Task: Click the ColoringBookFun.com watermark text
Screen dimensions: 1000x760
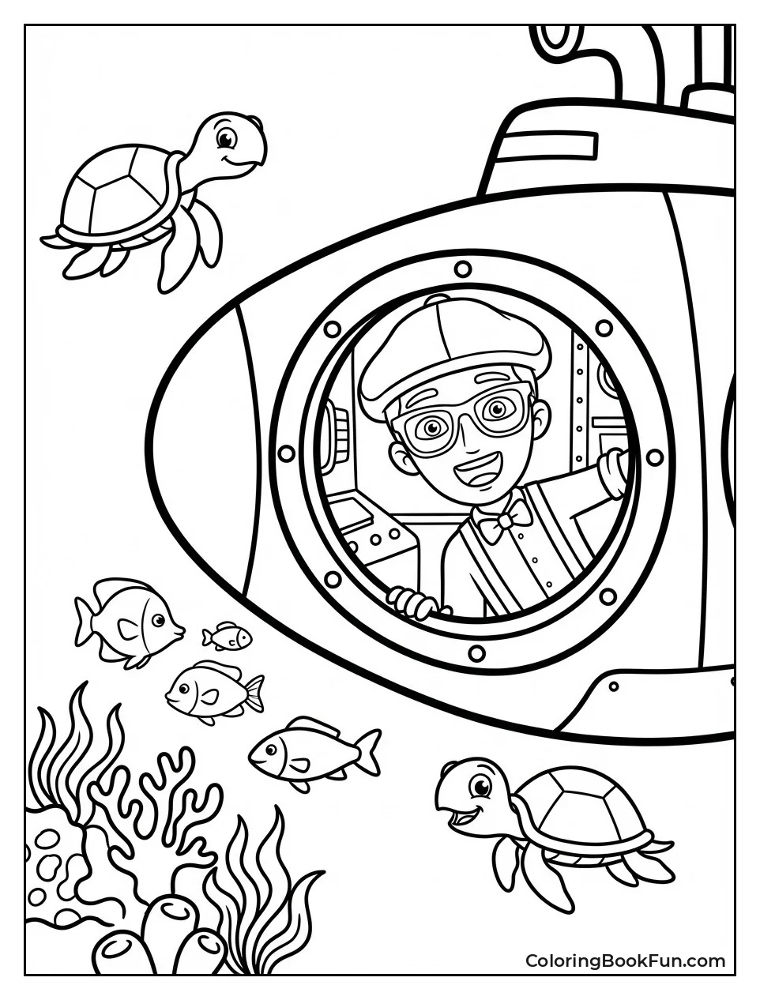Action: point(625,961)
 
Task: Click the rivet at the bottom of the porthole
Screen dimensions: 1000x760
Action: point(476,652)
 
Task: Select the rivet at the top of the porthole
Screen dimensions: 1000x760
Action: point(462,265)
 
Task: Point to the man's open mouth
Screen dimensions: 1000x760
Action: point(472,475)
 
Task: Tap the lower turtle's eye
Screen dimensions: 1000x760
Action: point(480,786)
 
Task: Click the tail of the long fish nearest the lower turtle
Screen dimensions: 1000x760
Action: point(367,750)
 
